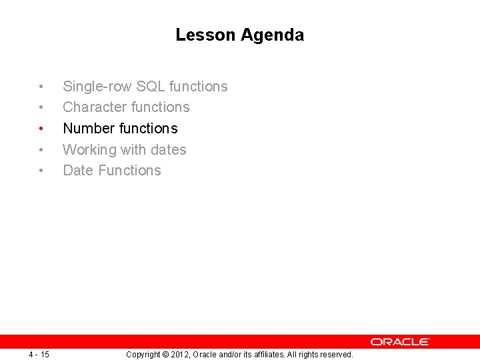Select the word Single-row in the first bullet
click(97, 87)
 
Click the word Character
click(95, 107)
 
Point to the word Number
click(89, 128)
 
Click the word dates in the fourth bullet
click(169, 150)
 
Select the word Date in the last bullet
click(78, 171)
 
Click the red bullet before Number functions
click(41, 129)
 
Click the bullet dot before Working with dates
click(41, 150)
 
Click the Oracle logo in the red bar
click(400, 341)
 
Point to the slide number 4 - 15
click(39, 354)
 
